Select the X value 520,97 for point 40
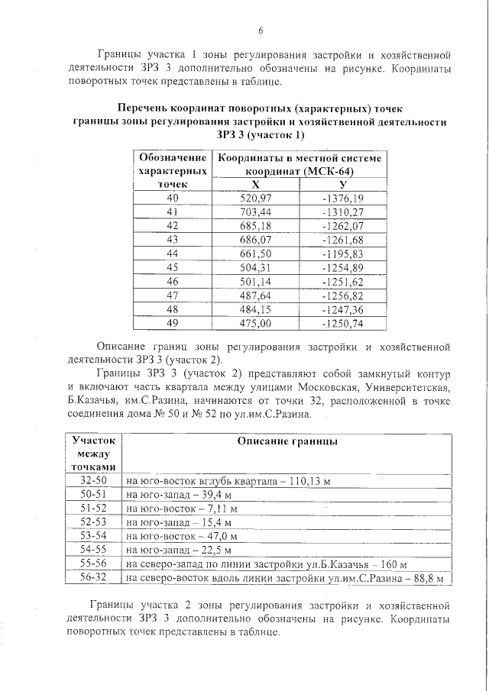256,199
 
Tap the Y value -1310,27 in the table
342,211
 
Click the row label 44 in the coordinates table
172,253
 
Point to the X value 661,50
256,253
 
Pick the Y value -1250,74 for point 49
342,323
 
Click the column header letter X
256,185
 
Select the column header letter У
342,185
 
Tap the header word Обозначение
172,157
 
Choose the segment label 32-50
95,481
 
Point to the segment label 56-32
95,578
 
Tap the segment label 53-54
95,536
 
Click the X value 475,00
256,323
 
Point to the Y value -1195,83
342,253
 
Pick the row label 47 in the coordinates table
172,295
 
